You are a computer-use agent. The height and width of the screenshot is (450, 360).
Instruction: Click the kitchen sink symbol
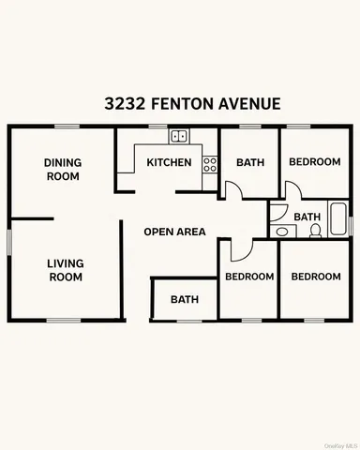[x=179, y=138]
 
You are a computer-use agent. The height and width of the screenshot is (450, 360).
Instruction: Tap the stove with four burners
[x=210, y=166]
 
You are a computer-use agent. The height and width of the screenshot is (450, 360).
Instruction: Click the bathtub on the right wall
[x=338, y=217]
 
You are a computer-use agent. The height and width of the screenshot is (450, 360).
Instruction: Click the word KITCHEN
[x=169, y=163]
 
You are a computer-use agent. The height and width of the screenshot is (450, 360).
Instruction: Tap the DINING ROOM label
[x=63, y=169]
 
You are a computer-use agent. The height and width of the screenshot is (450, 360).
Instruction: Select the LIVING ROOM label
[x=65, y=270]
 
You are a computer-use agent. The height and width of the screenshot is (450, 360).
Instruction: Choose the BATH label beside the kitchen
[x=250, y=162]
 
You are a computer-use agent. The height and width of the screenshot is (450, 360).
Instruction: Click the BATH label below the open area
[x=184, y=300]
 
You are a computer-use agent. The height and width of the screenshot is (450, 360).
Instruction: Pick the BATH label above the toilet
[x=307, y=217]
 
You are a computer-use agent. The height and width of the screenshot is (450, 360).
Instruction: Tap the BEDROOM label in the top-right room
[x=314, y=162]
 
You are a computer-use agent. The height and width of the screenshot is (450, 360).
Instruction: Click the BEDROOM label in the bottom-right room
[x=315, y=277]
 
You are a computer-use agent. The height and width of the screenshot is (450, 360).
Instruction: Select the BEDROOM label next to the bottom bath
[x=248, y=277]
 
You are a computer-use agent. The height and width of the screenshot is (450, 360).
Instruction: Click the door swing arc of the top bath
[x=234, y=190]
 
